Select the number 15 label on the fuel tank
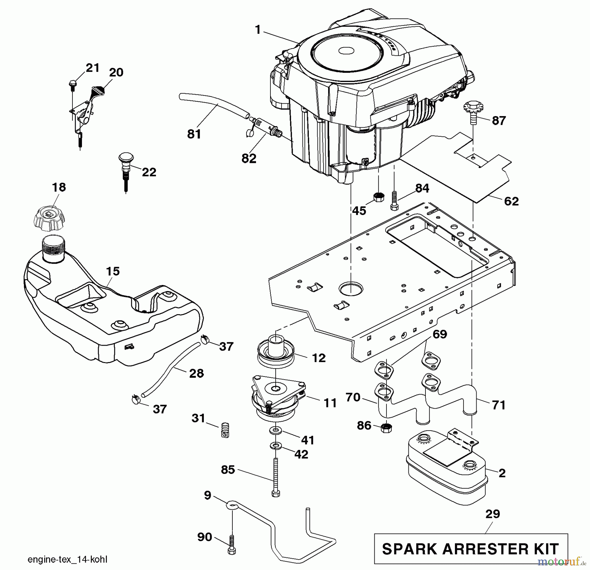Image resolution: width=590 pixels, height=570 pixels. point(113,272)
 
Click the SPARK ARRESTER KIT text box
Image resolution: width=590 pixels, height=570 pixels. point(471,549)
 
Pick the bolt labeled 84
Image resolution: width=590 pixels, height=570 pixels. point(394,201)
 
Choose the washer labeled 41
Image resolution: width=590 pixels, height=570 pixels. point(276,431)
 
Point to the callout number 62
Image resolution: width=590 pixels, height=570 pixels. point(511,201)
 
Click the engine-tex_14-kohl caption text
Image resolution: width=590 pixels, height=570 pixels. point(68,560)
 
